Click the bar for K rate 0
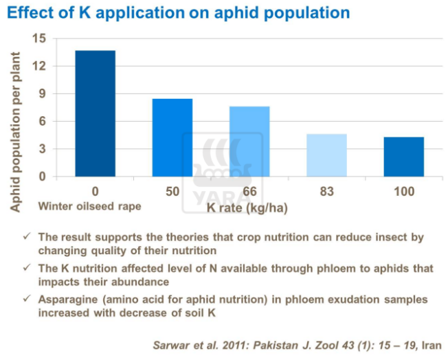[x=95, y=113]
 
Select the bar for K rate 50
[x=172, y=137]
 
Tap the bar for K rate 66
[x=249, y=141]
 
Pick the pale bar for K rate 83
[x=326, y=155]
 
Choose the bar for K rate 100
[x=403, y=157]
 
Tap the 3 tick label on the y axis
[x=42, y=149]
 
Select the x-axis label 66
[x=249, y=190]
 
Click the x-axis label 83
[x=326, y=190]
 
